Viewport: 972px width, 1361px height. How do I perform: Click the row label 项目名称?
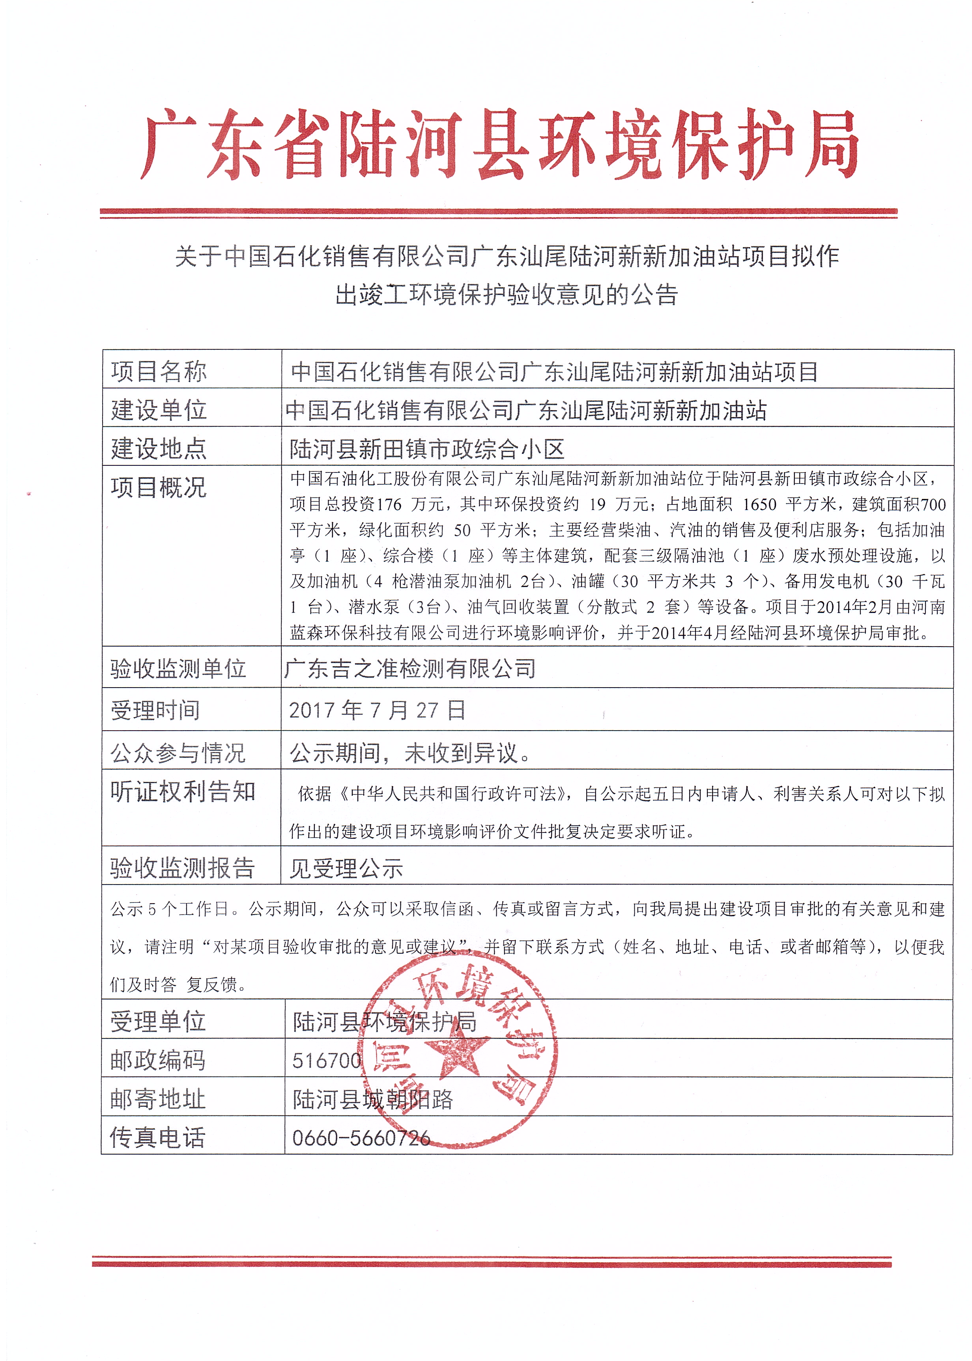click(x=159, y=371)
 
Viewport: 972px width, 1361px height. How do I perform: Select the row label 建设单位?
click(x=159, y=410)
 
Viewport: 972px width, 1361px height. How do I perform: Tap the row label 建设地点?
click(x=159, y=448)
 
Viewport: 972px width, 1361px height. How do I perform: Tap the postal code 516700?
click(x=327, y=1060)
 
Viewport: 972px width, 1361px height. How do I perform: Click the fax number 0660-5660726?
click(x=361, y=1138)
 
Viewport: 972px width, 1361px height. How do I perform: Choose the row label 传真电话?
click(x=157, y=1138)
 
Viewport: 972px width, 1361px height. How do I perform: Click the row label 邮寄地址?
click(x=157, y=1099)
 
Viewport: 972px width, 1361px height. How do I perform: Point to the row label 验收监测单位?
click(x=178, y=669)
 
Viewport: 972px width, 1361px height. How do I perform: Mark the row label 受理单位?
click(x=157, y=1022)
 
